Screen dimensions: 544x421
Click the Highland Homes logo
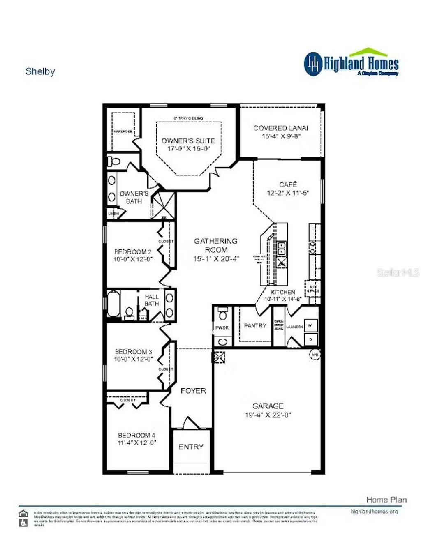[x=352, y=63]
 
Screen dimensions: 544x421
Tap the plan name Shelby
[x=40, y=71]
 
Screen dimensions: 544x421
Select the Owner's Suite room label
[x=188, y=141]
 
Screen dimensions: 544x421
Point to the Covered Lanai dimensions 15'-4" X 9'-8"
[x=282, y=136]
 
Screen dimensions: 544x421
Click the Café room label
[x=288, y=184]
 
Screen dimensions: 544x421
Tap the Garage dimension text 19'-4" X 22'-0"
[x=268, y=415]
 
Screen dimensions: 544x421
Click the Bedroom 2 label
[x=133, y=251]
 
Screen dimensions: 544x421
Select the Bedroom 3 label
[x=134, y=352]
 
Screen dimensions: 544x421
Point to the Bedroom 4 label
[x=136, y=435]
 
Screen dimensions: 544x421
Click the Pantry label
[x=255, y=325]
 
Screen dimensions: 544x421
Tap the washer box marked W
[x=310, y=325]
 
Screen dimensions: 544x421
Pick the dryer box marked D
[x=310, y=339]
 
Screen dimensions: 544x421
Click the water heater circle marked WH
[x=315, y=355]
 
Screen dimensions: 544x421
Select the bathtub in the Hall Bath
[x=113, y=304]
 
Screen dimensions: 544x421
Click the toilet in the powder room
[x=223, y=314]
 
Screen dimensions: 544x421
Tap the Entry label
[x=191, y=447]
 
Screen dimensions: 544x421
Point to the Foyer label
[x=193, y=391]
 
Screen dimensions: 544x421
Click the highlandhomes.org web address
[x=374, y=512]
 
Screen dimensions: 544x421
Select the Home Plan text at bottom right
[x=386, y=500]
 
